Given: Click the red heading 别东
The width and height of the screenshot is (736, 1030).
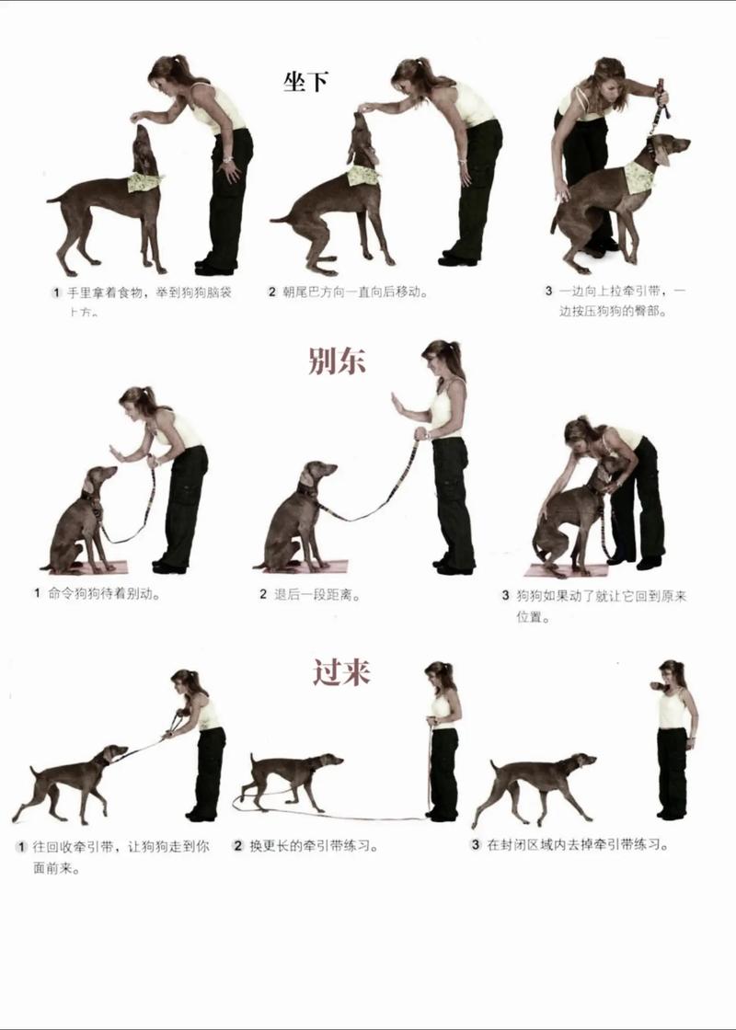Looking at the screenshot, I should click(x=337, y=360).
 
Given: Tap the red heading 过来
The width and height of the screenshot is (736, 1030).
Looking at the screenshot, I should click(x=340, y=672).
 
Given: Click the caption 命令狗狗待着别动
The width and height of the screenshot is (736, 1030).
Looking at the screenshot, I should click(x=104, y=594).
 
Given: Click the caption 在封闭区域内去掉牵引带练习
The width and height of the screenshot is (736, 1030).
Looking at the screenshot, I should click(x=577, y=843).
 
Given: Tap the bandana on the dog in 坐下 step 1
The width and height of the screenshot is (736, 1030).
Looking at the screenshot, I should click(x=144, y=181).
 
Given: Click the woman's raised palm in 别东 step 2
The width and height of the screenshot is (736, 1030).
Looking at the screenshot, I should click(x=397, y=403).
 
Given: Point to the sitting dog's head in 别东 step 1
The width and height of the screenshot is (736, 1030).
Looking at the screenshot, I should click(x=100, y=479).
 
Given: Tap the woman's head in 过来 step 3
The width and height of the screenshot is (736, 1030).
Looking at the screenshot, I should click(x=673, y=673).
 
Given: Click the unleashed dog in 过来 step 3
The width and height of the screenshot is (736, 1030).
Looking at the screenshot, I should click(x=534, y=782).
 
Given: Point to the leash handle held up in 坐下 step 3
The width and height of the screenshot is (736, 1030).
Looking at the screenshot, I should click(x=660, y=92).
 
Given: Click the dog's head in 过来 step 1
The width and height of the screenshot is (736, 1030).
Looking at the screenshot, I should click(x=114, y=754).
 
